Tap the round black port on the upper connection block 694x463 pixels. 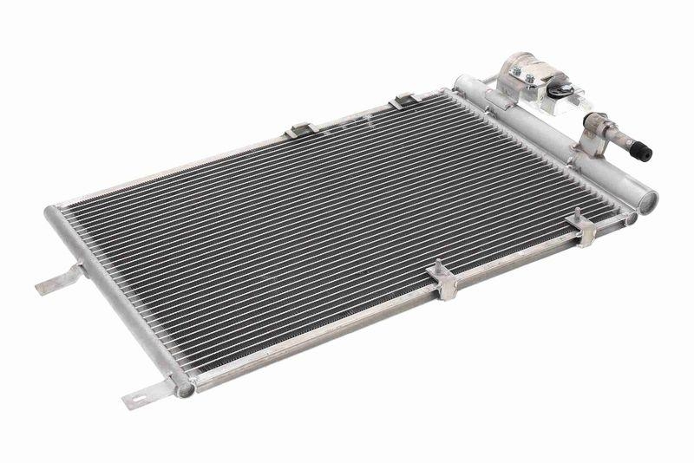[561, 90]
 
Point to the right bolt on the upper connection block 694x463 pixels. [530, 80]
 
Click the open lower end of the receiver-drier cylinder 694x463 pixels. [647, 200]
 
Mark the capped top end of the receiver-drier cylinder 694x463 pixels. [461, 82]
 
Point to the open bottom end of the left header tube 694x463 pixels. [185, 389]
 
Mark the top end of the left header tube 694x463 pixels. [55, 211]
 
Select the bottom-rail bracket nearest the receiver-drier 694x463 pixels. [584, 227]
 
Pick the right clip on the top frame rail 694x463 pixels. [404, 101]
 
